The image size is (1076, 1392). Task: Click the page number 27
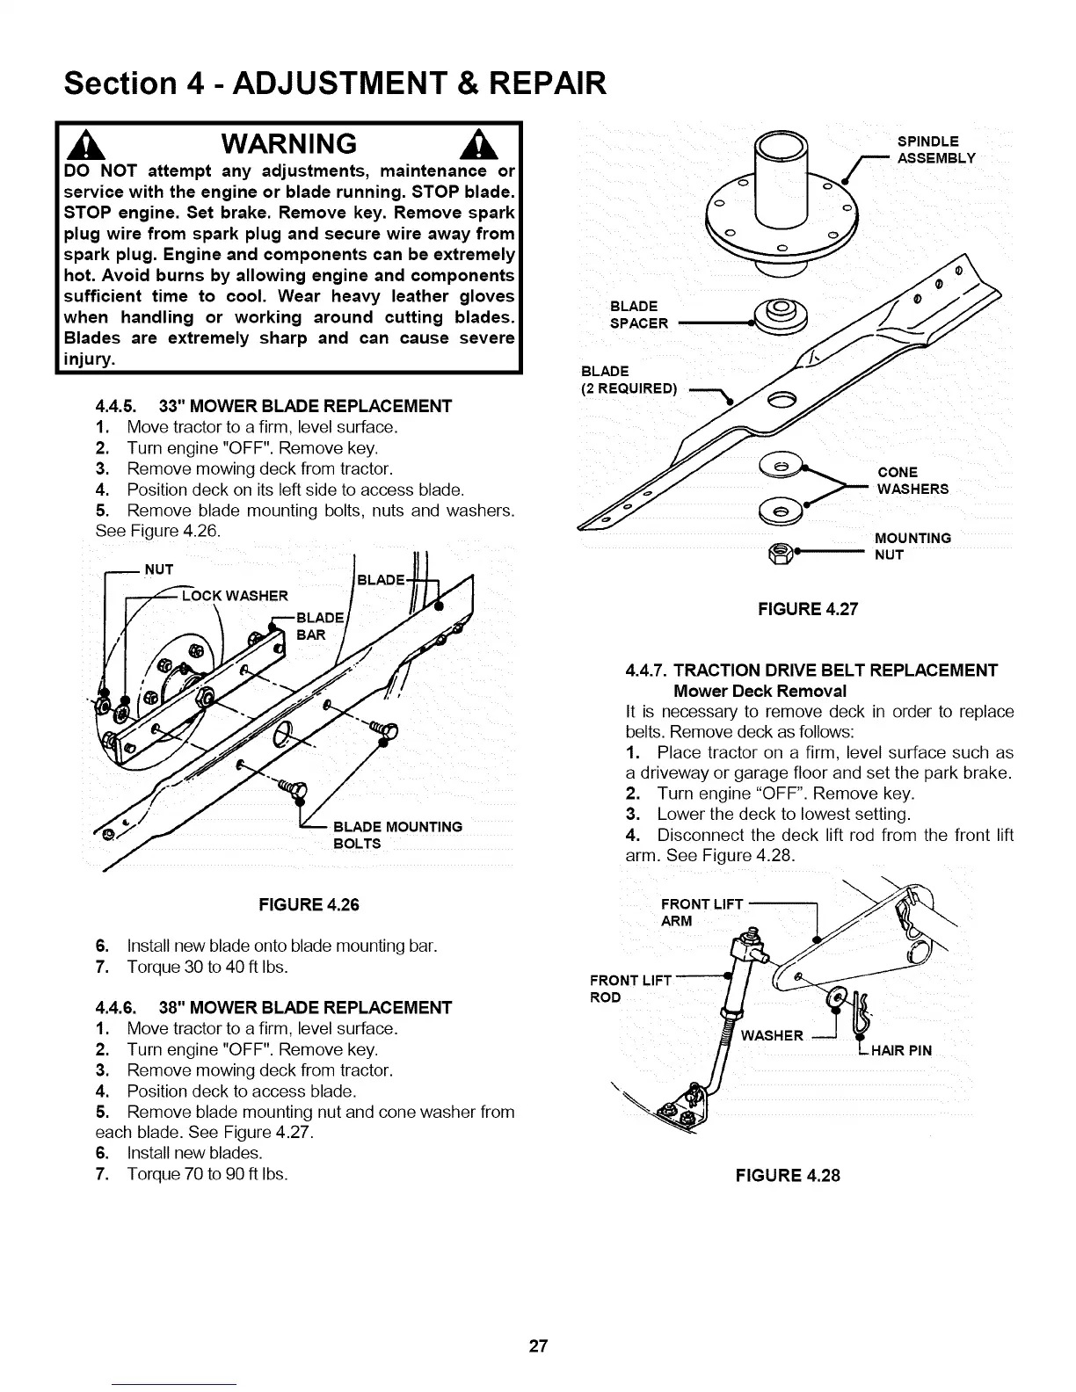click(x=538, y=1345)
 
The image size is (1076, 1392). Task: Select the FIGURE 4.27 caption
click(x=807, y=608)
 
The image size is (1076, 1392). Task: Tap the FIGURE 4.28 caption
click(x=788, y=1175)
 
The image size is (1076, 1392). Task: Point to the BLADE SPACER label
click(x=638, y=315)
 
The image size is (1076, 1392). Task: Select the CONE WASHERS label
click(x=912, y=481)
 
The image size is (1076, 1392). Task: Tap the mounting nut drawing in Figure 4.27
click(x=780, y=553)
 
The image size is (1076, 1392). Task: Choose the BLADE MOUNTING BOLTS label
click(x=397, y=835)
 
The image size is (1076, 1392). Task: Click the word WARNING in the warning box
click(x=287, y=143)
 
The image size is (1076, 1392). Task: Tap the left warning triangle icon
click(x=82, y=144)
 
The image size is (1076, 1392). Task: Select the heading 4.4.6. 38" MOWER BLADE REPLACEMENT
click(x=273, y=1007)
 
